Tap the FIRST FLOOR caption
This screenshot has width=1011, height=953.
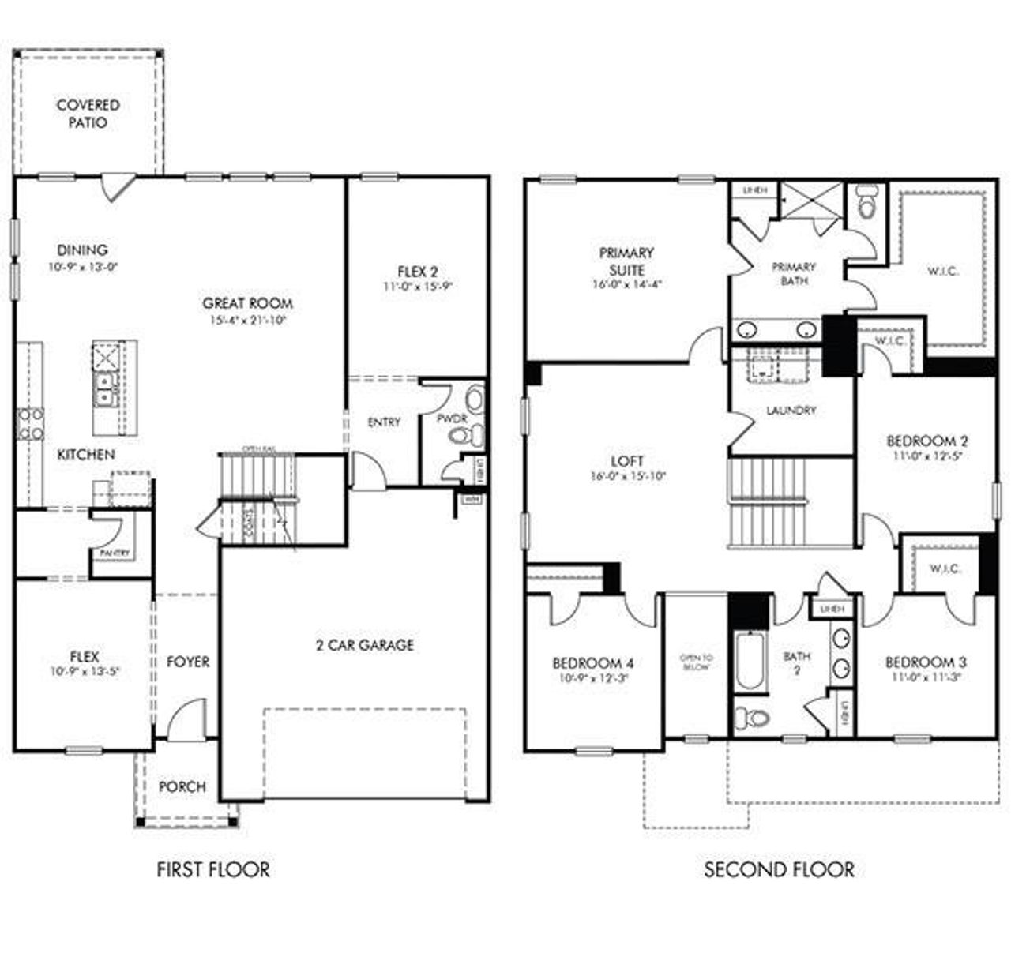point(213,869)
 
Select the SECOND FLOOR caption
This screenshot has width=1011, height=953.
point(779,869)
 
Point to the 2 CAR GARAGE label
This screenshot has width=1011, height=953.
point(364,645)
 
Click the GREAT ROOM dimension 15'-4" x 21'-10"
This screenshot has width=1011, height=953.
point(247,321)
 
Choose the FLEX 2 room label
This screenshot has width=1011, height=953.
point(417,272)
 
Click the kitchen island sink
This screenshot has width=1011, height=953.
point(104,388)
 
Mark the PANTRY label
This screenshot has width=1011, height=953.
point(115,553)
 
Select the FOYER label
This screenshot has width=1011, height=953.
point(188,662)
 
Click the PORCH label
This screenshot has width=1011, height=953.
point(182,786)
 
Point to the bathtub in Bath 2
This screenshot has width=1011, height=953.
point(748,660)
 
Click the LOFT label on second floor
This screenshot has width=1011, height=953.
point(627,460)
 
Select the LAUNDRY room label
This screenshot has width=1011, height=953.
point(791,411)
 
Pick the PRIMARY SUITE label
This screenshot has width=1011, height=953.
point(626,261)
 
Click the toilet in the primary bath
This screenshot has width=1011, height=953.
point(866,202)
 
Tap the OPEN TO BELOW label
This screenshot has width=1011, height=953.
point(696,662)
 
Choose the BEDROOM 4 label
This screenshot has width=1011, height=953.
point(592,663)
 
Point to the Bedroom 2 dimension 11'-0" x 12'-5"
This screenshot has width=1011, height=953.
point(926,456)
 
